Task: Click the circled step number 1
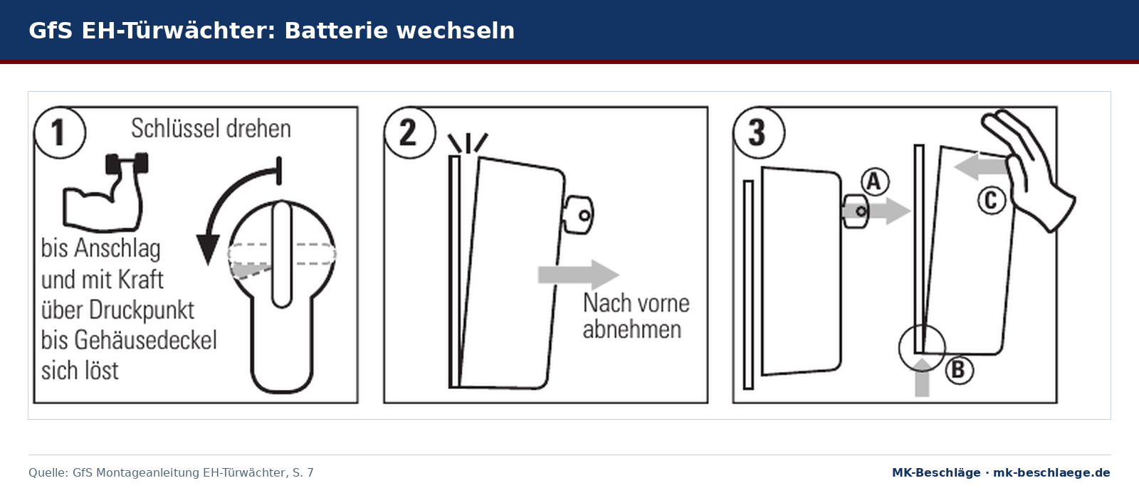click(x=60, y=132)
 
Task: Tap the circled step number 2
click(x=409, y=132)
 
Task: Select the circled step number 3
click(x=758, y=132)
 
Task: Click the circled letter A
click(x=875, y=181)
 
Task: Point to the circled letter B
click(x=959, y=369)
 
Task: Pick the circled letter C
click(x=992, y=200)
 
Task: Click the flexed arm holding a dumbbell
click(x=105, y=192)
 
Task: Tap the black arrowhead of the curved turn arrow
click(x=208, y=249)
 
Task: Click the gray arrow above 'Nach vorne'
click(x=578, y=275)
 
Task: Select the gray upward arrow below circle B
click(x=922, y=378)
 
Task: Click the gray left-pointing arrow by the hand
click(x=980, y=166)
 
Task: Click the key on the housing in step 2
click(x=578, y=215)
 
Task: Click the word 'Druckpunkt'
click(x=142, y=310)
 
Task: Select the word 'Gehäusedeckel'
click(x=145, y=340)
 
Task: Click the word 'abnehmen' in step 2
click(x=632, y=329)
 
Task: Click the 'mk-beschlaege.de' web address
click(x=1051, y=472)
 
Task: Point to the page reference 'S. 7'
click(x=303, y=472)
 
